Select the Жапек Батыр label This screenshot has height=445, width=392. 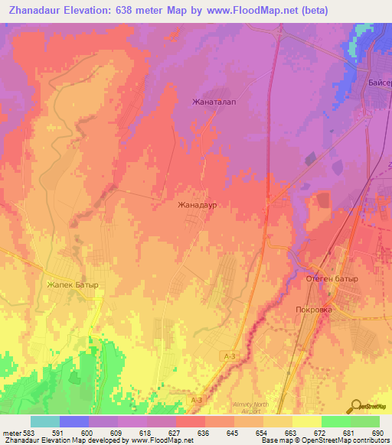[x=73, y=285]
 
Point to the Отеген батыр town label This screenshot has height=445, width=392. [x=333, y=278]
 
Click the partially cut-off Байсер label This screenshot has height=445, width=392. [x=378, y=82]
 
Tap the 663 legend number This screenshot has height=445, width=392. [x=292, y=432]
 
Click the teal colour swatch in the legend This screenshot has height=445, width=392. [x=45, y=421]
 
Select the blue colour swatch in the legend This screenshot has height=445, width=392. [x=74, y=421]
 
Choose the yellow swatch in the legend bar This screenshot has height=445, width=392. [x=306, y=421]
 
